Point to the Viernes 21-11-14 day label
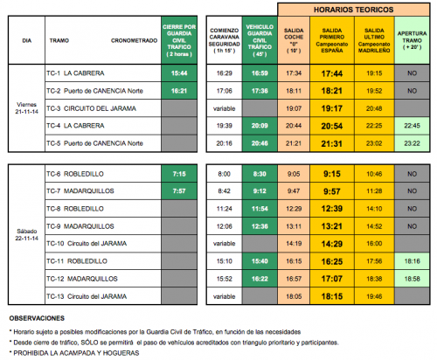26,108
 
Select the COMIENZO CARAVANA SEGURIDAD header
225,40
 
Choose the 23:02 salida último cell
375,142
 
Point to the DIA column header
26,40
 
